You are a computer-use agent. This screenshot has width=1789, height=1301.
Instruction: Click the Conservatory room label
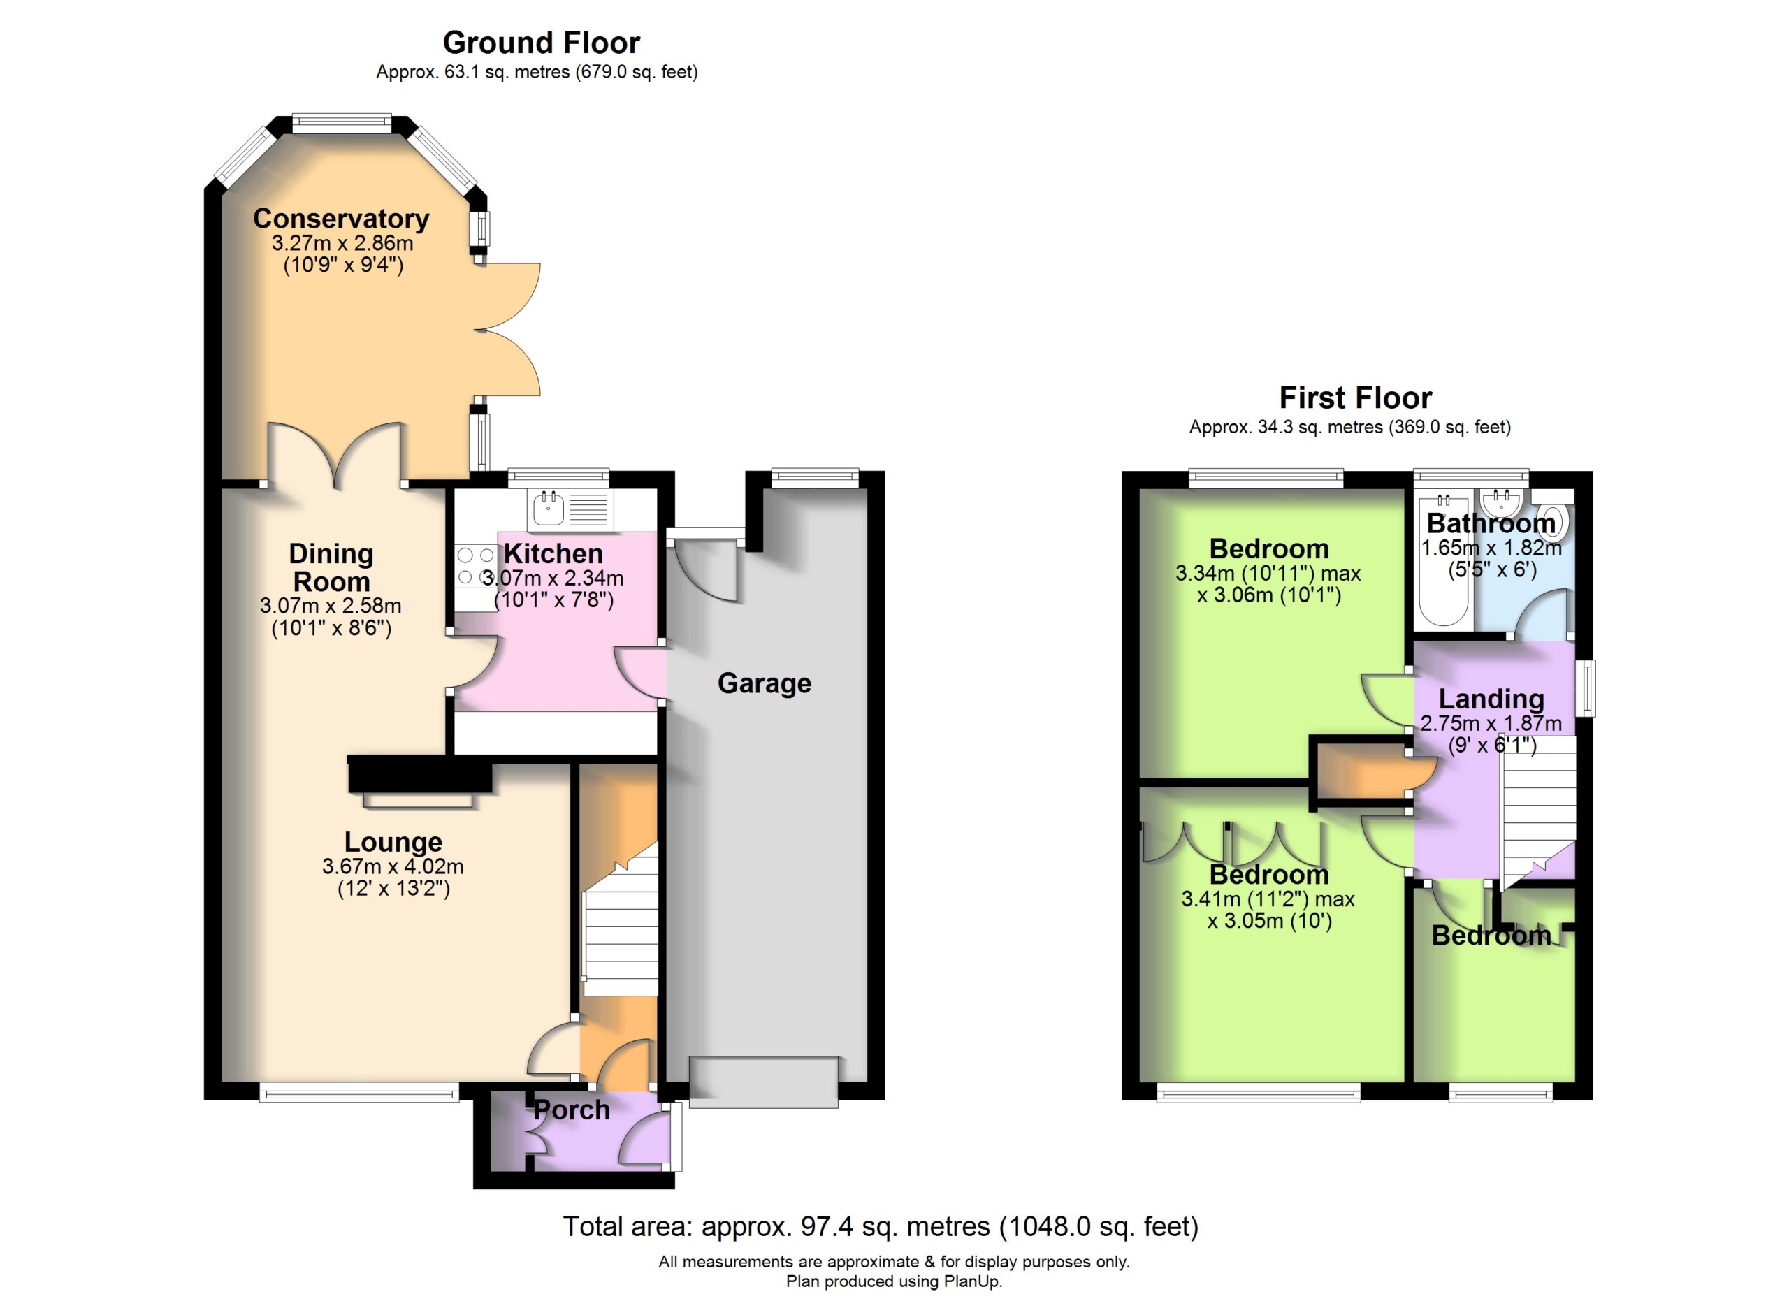341,219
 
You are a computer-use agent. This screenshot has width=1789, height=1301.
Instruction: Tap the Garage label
765,683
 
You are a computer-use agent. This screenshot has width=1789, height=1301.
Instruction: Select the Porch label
572,1110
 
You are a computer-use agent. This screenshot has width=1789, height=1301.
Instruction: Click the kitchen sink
547,509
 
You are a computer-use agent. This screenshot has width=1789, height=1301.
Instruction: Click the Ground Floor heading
541,42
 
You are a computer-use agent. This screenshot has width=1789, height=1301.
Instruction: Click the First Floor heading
1355,398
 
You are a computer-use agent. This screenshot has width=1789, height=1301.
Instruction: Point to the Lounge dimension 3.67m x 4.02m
393,866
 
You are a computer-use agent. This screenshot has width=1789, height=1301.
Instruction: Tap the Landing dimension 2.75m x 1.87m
1491,723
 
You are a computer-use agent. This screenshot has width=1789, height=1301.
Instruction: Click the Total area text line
881,1226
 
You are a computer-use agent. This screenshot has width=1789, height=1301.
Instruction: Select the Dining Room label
331,568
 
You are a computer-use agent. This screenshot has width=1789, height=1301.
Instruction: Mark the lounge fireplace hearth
418,800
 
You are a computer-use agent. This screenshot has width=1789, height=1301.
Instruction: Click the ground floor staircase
620,919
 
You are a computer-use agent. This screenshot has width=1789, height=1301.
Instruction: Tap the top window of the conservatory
342,123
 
